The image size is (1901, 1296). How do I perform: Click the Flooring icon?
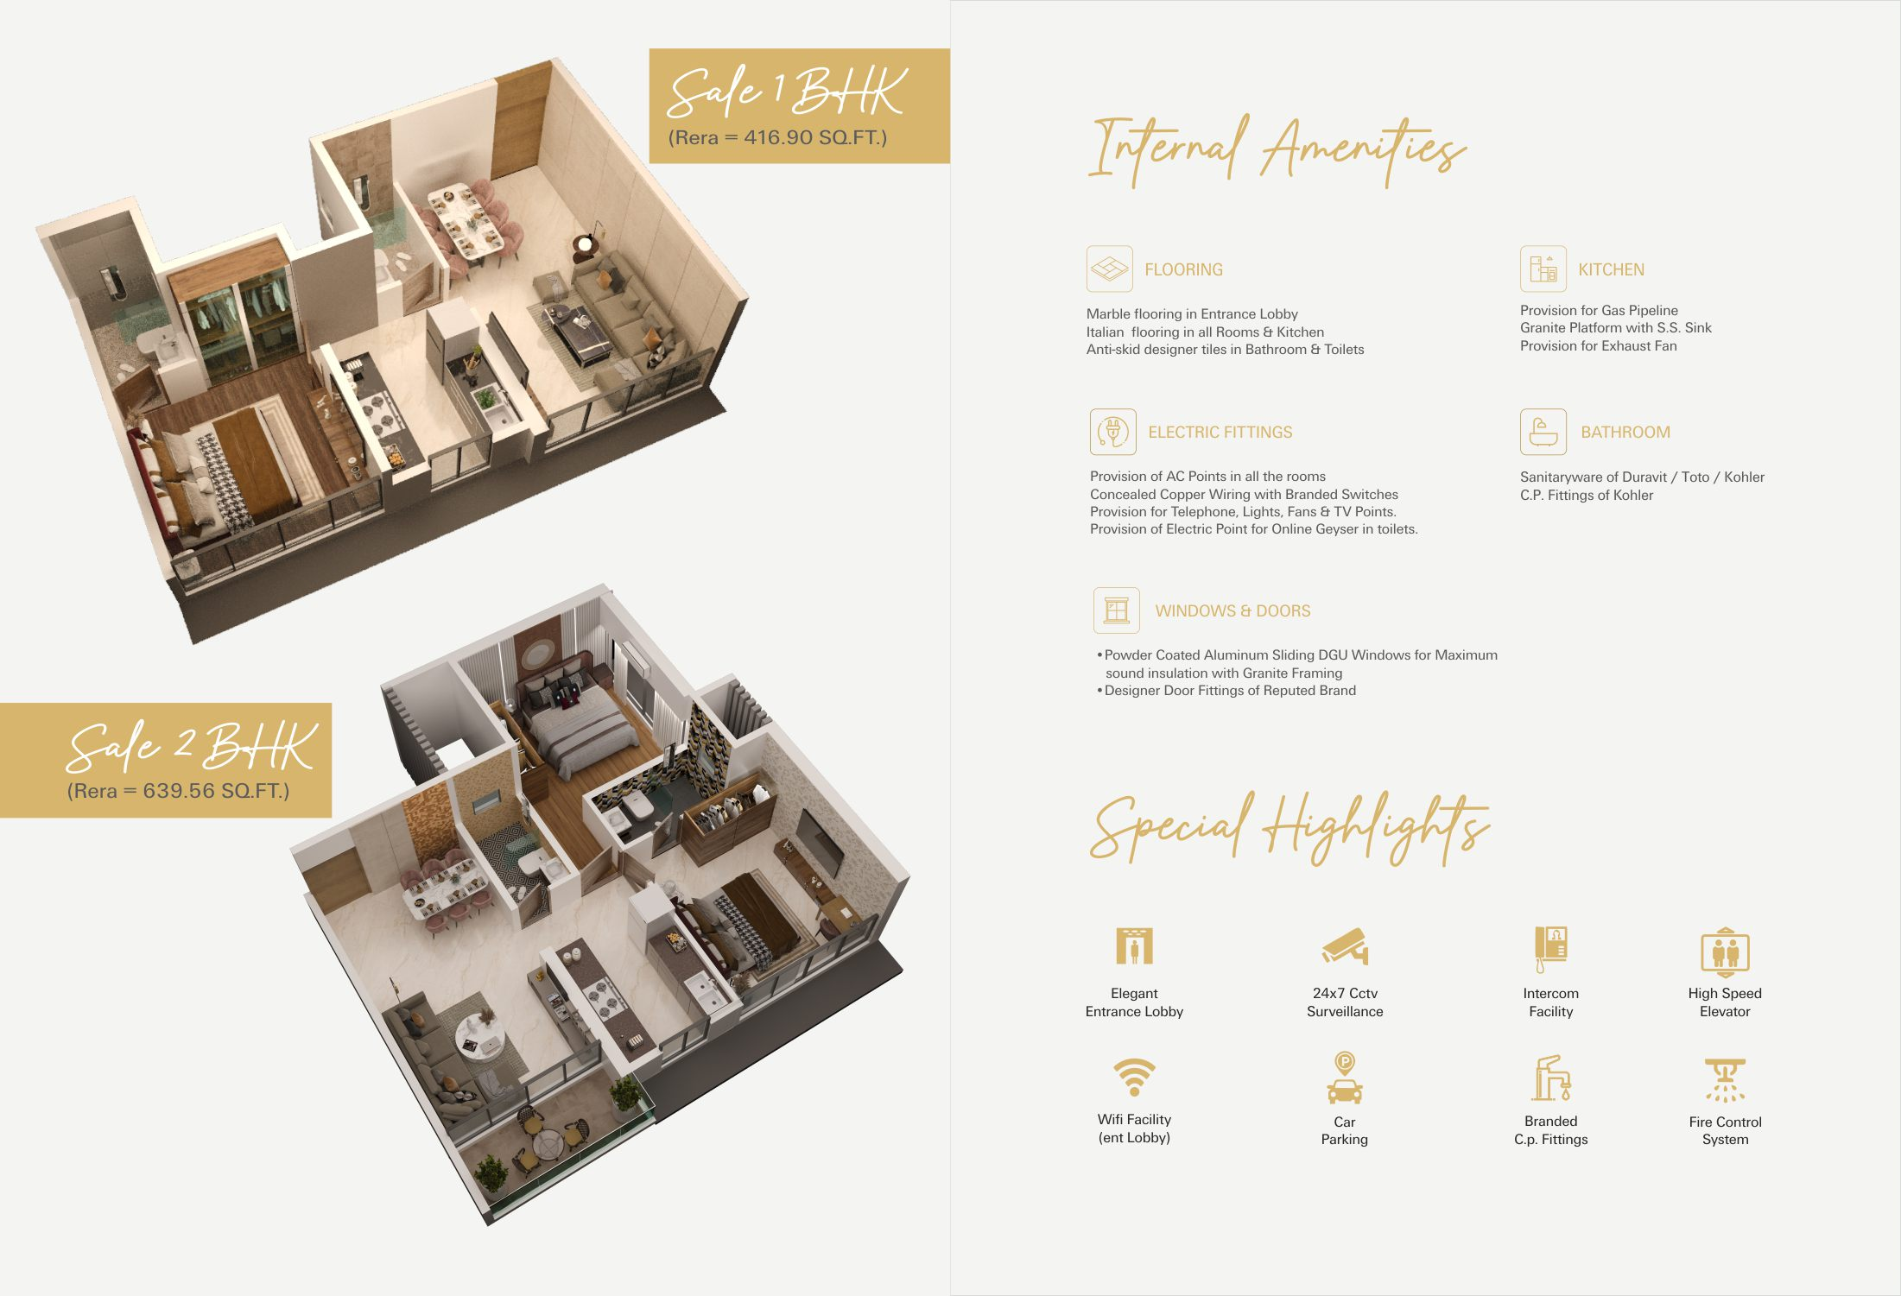click(x=1109, y=269)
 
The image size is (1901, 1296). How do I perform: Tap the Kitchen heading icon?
click(x=1543, y=269)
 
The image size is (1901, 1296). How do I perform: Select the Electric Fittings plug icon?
click(x=1112, y=432)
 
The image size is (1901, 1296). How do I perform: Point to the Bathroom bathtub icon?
click(x=1543, y=432)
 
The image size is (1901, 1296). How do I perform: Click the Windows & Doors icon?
click(x=1116, y=610)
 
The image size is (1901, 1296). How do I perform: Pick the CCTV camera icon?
click(x=1345, y=946)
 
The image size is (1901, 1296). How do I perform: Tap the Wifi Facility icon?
click(x=1134, y=1077)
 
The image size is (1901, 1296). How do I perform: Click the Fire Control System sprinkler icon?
click(x=1725, y=1080)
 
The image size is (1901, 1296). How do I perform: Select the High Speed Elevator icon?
click(x=1725, y=951)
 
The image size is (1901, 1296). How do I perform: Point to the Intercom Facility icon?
click(x=1550, y=949)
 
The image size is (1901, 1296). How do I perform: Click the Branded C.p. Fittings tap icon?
click(x=1550, y=1078)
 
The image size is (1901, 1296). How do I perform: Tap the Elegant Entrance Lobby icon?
click(x=1134, y=946)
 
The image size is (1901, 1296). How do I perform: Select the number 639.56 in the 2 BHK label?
click(x=178, y=791)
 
